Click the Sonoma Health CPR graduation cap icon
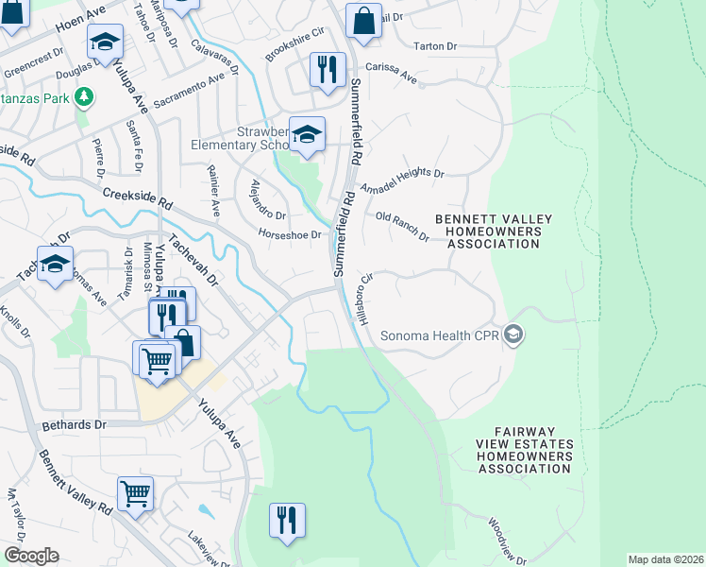click(513, 335)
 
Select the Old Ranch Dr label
click(402, 227)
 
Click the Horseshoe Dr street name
click(290, 234)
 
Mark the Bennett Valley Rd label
click(75, 482)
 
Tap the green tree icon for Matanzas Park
click(84, 96)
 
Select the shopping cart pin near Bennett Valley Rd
click(136, 493)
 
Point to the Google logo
click(31, 556)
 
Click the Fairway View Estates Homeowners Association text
click(511, 455)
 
